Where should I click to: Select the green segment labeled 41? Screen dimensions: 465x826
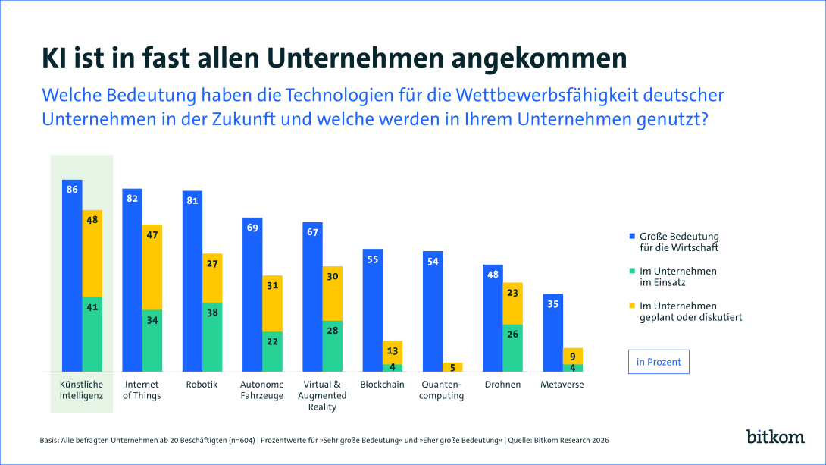92,334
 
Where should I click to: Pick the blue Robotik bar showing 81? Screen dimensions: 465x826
192,281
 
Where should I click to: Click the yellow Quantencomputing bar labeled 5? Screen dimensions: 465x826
452,367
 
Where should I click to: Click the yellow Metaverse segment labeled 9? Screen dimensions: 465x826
573,356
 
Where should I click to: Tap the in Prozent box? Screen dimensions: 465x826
659,362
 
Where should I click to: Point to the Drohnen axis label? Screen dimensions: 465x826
502,385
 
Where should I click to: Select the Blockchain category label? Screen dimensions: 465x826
383,385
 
